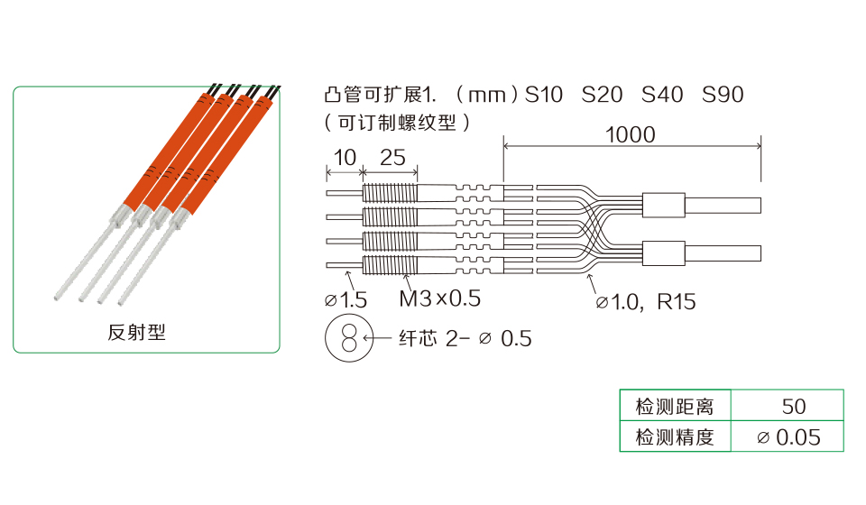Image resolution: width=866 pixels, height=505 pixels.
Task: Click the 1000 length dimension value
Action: [631, 135]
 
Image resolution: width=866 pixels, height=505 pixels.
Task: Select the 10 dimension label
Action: [345, 158]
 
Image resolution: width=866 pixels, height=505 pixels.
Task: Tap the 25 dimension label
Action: [392, 158]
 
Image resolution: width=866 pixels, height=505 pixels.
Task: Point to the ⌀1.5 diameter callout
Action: [345, 299]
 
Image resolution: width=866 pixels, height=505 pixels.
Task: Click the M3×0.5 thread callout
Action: [439, 298]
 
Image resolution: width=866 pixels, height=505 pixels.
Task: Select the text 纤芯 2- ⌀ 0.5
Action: [465, 339]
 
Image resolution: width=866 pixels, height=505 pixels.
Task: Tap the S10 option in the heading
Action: [543, 95]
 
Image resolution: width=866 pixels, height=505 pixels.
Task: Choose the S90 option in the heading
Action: [723, 95]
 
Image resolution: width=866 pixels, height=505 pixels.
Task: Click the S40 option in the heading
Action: [662, 95]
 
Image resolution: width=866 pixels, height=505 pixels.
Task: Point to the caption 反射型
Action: [137, 332]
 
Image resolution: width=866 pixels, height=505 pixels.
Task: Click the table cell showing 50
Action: [793, 406]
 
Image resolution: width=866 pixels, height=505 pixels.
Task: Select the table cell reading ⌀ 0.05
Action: [789, 437]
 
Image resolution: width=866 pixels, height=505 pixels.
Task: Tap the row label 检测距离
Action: [675, 406]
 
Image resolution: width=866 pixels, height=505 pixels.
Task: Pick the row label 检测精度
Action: [675, 437]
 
